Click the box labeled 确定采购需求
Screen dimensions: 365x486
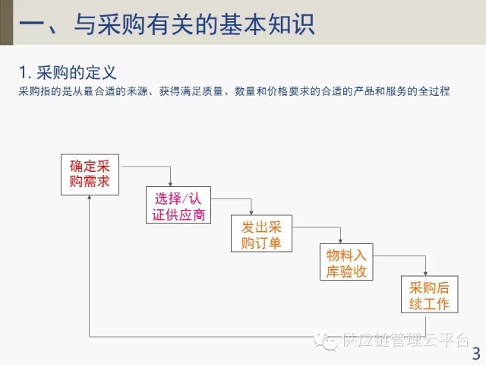coord(90,174)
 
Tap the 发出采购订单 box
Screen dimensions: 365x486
coord(261,234)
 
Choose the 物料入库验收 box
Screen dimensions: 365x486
coord(346,262)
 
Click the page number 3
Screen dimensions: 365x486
coord(476,354)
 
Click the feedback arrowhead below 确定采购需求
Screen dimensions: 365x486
coord(90,197)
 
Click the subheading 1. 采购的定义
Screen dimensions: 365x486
coord(68,73)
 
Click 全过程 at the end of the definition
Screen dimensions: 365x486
coord(436,92)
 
